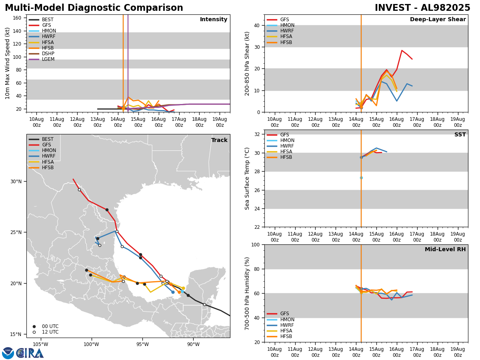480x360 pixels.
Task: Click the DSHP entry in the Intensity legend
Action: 48,54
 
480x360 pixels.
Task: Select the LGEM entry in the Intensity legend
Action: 48,59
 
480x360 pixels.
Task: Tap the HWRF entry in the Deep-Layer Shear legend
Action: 287,31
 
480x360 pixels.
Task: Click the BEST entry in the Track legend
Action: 48,139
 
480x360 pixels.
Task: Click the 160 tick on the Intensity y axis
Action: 17,18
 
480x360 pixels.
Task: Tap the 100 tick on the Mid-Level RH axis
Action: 256,244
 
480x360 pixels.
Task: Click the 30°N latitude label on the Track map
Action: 16,181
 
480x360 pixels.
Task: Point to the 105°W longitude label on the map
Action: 40,344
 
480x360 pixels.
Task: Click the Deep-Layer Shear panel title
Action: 438,20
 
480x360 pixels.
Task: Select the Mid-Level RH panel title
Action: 445,250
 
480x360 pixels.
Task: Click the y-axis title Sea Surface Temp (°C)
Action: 247,178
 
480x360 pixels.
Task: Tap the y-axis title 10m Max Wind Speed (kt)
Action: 8,63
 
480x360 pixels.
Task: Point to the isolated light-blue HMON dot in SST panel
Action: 361,178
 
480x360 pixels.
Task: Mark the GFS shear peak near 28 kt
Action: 402,50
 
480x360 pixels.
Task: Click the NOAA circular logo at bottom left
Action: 8,353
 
